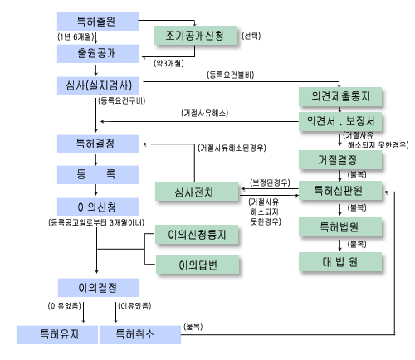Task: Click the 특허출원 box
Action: (x=98, y=22)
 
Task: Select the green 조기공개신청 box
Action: (x=196, y=35)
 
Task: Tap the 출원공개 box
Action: (x=98, y=54)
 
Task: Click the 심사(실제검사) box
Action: (x=98, y=86)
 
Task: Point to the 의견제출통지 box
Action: (x=340, y=96)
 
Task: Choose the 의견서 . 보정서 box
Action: (x=340, y=121)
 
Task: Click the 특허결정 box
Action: (x=98, y=144)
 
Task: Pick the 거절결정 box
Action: (x=340, y=159)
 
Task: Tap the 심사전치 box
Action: (x=197, y=191)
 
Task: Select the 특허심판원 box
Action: (x=340, y=190)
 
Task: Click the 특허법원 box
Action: (x=340, y=226)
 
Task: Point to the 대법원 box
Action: (x=340, y=261)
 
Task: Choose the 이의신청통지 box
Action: (x=197, y=234)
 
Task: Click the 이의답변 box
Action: (x=198, y=264)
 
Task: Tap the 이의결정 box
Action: (x=99, y=288)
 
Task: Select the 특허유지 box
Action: (x=57, y=335)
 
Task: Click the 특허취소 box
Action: (x=140, y=335)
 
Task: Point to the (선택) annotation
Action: (x=251, y=36)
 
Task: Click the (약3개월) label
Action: (x=168, y=63)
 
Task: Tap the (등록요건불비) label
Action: (x=231, y=75)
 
